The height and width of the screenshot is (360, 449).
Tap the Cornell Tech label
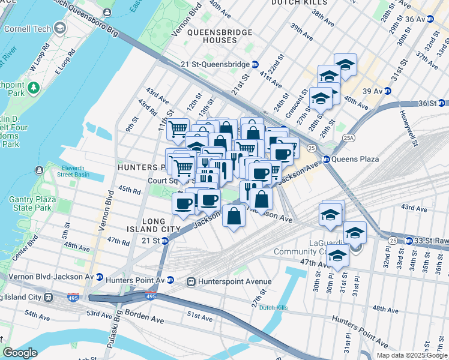click(x=26, y=28)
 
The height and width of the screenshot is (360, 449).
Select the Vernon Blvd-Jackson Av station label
click(x=49, y=277)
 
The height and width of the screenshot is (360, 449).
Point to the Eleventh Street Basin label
click(x=80, y=171)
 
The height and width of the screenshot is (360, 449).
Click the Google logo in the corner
click(x=20, y=353)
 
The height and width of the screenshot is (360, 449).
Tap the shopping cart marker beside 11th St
click(x=178, y=128)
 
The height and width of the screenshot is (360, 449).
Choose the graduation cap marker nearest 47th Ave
click(x=337, y=256)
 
